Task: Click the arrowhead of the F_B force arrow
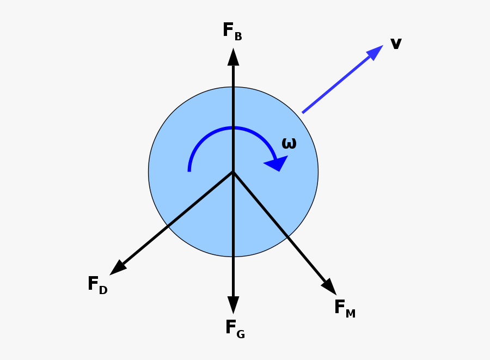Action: tap(233, 57)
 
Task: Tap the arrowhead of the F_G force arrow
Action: tap(233, 304)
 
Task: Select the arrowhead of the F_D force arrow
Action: tap(118, 268)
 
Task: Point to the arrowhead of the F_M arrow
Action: tap(329, 286)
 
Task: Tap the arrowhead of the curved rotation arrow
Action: tap(277, 163)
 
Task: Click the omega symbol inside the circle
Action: tap(289, 143)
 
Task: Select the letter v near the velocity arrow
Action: tap(396, 43)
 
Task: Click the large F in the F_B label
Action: tap(228, 30)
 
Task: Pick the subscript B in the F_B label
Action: tap(238, 37)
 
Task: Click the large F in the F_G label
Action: tap(230, 327)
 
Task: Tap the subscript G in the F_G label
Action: tap(241, 334)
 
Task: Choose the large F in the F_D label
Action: tap(93, 284)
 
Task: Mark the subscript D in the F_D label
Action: tap(103, 291)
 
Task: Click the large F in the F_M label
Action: tap(339, 307)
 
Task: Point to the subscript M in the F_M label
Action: tap(350, 314)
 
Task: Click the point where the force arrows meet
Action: tap(233, 172)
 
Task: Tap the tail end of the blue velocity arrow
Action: tap(303, 112)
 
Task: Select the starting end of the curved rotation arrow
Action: tap(189, 170)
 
